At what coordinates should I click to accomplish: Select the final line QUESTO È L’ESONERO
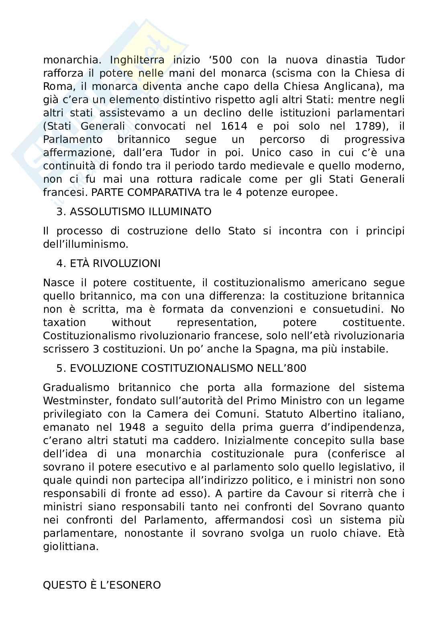[102, 585]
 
